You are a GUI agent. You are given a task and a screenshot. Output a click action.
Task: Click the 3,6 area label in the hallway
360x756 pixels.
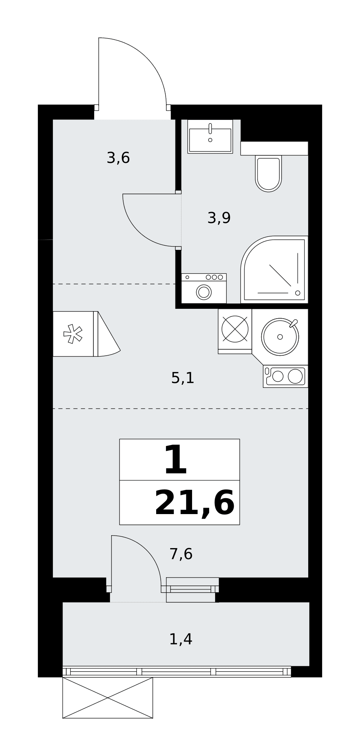[x=118, y=158]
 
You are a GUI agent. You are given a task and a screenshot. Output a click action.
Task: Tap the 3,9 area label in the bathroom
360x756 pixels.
[x=219, y=218]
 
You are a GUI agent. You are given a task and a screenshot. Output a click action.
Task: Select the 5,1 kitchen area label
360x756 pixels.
[x=183, y=378]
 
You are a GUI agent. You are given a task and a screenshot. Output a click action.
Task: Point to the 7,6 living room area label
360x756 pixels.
[x=181, y=554]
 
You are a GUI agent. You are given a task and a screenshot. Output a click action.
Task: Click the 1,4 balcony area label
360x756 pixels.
[x=181, y=639]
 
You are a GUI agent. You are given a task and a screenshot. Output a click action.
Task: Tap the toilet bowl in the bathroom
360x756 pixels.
[x=268, y=174]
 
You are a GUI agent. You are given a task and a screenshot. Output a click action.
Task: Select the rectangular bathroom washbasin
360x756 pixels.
[x=210, y=136]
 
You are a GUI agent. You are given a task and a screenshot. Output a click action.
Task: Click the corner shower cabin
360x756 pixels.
[x=275, y=270]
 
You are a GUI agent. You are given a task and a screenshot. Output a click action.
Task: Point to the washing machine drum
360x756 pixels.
[x=204, y=292]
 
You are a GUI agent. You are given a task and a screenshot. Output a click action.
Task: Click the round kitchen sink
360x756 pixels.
[x=280, y=336]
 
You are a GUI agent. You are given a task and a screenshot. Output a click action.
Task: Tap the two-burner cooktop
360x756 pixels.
[x=286, y=376]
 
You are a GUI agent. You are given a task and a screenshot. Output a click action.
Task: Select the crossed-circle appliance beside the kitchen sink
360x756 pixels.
[x=235, y=329]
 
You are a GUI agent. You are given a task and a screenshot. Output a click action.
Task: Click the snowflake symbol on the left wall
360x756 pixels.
[x=73, y=334]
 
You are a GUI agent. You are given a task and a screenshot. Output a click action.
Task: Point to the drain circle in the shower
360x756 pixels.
[x=298, y=293]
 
